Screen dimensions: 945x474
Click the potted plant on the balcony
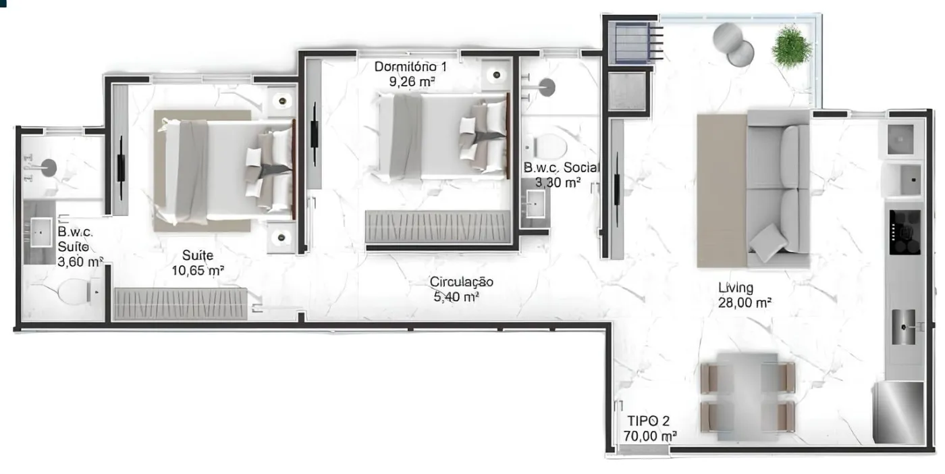point(791,47)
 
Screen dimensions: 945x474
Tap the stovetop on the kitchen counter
point(905,232)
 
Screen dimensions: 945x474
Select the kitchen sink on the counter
point(904,327)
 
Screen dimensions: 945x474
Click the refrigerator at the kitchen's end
point(899,413)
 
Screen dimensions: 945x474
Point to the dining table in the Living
point(748,397)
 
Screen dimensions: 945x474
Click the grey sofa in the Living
point(778,188)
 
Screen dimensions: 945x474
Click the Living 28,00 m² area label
point(745,295)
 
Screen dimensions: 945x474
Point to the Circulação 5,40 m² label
point(460,289)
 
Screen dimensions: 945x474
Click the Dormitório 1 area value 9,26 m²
point(411,82)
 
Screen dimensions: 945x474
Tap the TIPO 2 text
point(648,421)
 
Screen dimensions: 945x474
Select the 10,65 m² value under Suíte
point(197,270)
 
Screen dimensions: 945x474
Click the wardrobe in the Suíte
point(181,303)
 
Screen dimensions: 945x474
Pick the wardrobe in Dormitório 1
point(438,227)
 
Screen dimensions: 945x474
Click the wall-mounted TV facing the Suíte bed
point(121,168)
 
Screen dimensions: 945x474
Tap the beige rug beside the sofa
point(722,190)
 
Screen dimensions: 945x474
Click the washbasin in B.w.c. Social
point(535,204)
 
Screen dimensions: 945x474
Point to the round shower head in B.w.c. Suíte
point(49,168)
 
